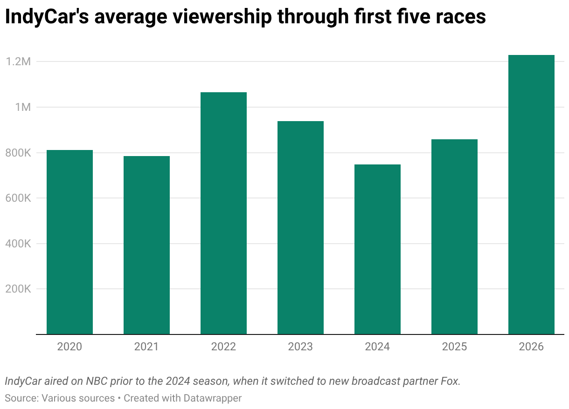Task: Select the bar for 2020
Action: pyautogui.click(x=69, y=242)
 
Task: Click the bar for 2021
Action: pyautogui.click(x=146, y=245)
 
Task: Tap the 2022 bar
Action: pyautogui.click(x=223, y=213)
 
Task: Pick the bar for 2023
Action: pyautogui.click(x=300, y=228)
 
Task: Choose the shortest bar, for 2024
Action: pyautogui.click(x=377, y=249)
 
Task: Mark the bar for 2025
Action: pyautogui.click(x=454, y=237)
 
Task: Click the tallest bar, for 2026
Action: pyautogui.click(x=531, y=195)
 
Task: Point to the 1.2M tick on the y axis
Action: pyautogui.click(x=18, y=61)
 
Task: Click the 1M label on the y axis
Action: pyautogui.click(x=22, y=107)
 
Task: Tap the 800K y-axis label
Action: pyautogui.click(x=18, y=153)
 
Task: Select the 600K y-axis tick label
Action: pyautogui.click(x=18, y=198)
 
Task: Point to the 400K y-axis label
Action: pyautogui.click(x=18, y=244)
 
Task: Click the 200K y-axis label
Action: pyautogui.click(x=18, y=289)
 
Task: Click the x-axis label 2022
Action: pyautogui.click(x=223, y=347)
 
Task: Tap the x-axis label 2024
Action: pyautogui.click(x=377, y=347)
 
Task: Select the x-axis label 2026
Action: pyautogui.click(x=531, y=347)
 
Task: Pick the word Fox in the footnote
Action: pyautogui.click(x=450, y=381)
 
